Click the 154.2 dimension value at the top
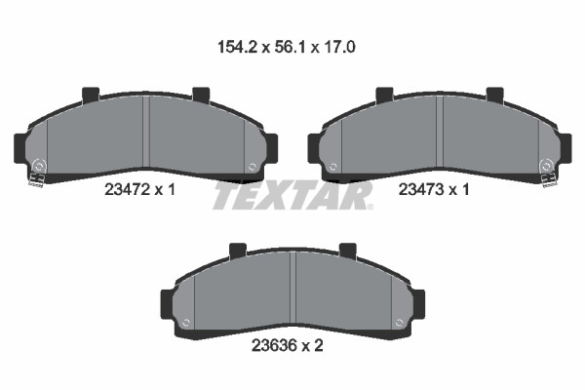pos(237,47)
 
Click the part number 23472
pos(127,190)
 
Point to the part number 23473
pos(421,189)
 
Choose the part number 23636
pos(274,345)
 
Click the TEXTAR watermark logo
pos(292,196)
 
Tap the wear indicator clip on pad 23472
pos(37,179)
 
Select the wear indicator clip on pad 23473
pos(550,179)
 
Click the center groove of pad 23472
pos(146,132)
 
